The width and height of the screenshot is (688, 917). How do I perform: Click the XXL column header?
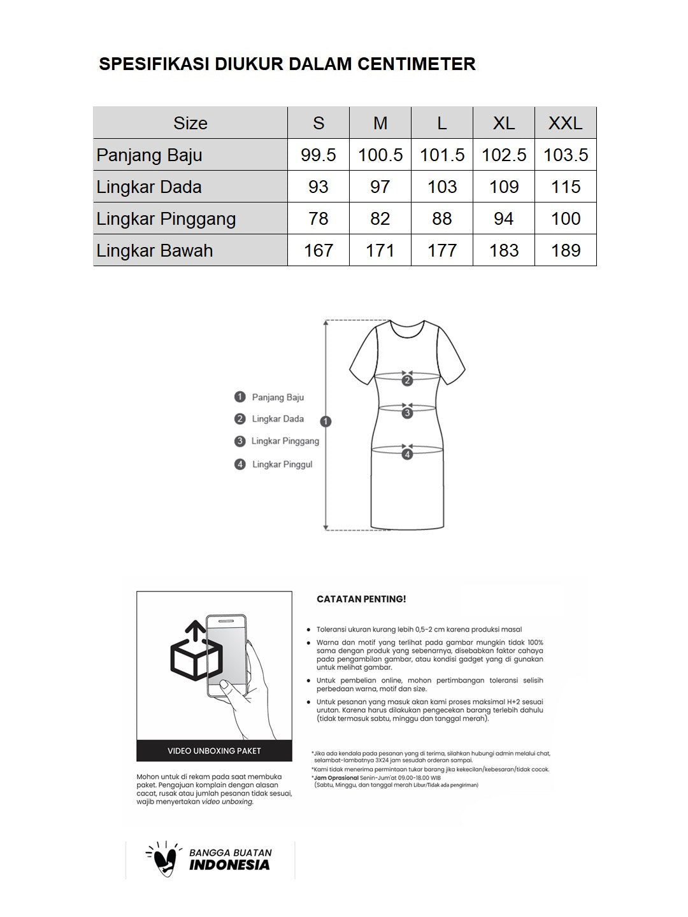(x=566, y=123)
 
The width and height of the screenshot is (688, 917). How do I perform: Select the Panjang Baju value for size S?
(x=319, y=155)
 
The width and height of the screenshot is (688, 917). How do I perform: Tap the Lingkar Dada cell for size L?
(x=442, y=187)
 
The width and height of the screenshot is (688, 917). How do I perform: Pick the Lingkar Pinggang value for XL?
(x=504, y=218)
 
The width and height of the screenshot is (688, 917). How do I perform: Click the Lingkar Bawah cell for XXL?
(x=566, y=250)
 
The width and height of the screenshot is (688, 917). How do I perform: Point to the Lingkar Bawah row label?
(x=155, y=250)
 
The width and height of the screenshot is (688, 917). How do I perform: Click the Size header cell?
(x=190, y=123)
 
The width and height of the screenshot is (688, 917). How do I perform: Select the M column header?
(x=380, y=123)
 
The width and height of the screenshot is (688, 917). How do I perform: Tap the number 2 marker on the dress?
(x=407, y=381)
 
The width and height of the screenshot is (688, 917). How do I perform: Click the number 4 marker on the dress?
(x=407, y=454)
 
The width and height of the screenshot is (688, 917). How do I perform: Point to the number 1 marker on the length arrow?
(x=326, y=421)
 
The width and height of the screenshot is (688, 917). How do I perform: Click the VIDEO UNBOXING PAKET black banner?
(x=214, y=751)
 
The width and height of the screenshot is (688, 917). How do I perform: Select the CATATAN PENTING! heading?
(x=361, y=599)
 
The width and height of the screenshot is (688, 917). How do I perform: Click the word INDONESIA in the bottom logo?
(x=229, y=865)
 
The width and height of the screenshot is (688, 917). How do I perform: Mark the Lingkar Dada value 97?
(x=380, y=187)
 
